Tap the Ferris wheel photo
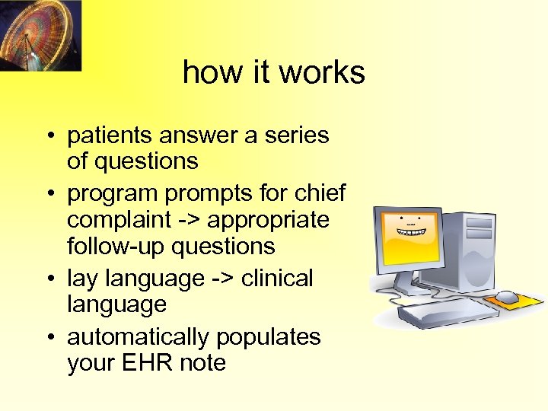pos(40,35)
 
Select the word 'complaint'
pos(118,221)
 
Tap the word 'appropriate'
pos(268,221)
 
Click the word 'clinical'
pos(277,279)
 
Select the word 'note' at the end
pos(202,363)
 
